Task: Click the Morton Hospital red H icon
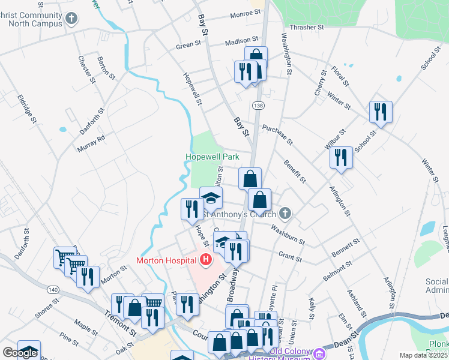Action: [x=206, y=260]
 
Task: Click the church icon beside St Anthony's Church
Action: [x=285, y=214]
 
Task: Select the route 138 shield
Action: [x=258, y=106]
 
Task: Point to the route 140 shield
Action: [x=54, y=290]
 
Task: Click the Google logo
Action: [x=20, y=353]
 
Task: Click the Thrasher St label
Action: [x=306, y=28]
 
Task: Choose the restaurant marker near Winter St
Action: [x=381, y=112]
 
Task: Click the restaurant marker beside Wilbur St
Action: [x=340, y=158]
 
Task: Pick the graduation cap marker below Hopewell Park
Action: [x=211, y=197]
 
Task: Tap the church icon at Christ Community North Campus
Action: [x=71, y=19]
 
